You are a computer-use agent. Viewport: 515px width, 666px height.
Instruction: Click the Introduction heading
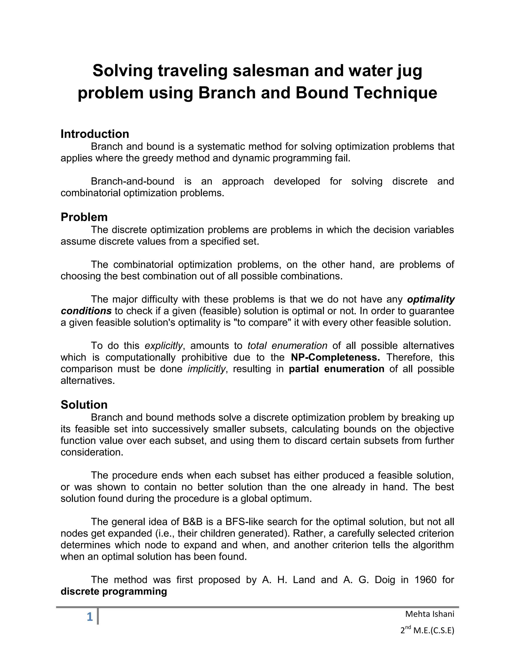(95, 134)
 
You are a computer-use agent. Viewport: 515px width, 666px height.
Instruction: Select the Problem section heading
(84, 217)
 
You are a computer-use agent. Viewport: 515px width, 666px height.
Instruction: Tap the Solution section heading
(84, 405)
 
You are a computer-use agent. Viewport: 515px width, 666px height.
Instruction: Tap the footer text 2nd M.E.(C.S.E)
(427, 630)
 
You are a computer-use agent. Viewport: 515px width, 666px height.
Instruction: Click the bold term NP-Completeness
(335, 357)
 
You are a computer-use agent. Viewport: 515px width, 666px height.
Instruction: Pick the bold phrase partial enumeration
(336, 369)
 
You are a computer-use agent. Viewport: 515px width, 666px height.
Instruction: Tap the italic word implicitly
(206, 369)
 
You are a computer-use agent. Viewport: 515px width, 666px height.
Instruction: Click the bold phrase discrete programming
(114, 591)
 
